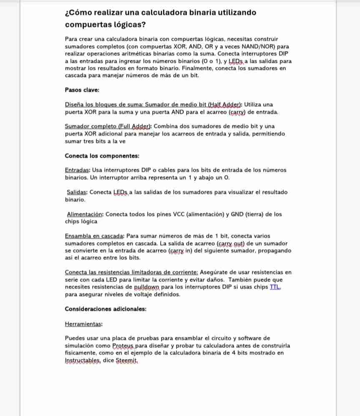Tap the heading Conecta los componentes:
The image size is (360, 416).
click(102, 156)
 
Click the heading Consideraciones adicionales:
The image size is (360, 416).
click(106, 309)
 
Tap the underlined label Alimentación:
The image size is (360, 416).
click(85, 214)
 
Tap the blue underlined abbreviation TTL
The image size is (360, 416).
click(275, 287)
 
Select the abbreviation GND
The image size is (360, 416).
click(234, 214)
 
